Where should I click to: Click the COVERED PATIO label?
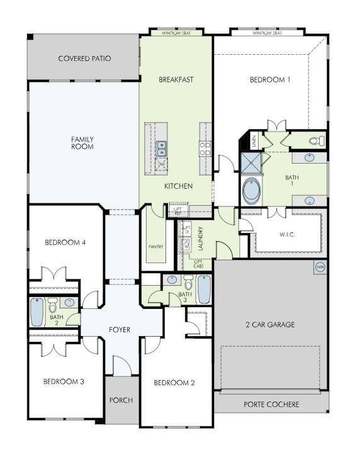[84, 59]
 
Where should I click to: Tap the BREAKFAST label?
[176, 80]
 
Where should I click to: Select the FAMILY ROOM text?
[82, 143]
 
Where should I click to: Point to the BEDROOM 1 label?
[270, 80]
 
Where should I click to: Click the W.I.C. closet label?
[287, 235]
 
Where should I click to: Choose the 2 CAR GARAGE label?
[270, 325]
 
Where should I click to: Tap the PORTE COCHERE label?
[271, 404]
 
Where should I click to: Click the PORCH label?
[120, 400]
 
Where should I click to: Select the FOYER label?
[120, 330]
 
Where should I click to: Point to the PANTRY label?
[155, 246]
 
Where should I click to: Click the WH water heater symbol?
[320, 267]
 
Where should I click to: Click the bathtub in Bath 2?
[38, 311]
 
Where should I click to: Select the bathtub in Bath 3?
[205, 290]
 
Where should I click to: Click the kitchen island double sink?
[161, 149]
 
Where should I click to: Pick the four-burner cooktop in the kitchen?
[205, 149]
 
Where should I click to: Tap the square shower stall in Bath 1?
[252, 165]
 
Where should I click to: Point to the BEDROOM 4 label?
[65, 242]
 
